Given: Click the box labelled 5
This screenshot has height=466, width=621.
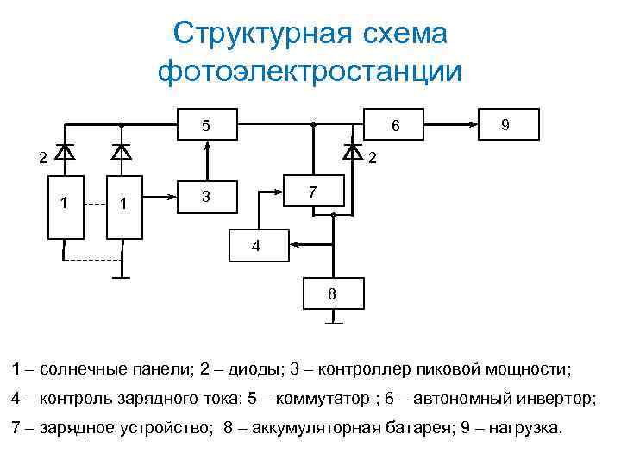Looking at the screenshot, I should pyautogui.click(x=207, y=125).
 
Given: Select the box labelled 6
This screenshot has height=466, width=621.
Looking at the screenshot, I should pyautogui.click(x=396, y=125).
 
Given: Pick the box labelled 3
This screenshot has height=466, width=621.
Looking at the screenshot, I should pyautogui.click(x=207, y=197).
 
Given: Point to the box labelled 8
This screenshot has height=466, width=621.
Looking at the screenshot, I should pyautogui.click(x=332, y=294).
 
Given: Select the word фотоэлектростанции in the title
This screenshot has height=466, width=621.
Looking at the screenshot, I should pyautogui.click(x=310, y=71).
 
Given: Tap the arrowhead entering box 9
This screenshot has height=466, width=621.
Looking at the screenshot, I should pyautogui.click(x=475, y=124).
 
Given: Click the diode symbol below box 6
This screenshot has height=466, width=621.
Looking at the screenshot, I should pyautogui.click(x=352, y=153).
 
